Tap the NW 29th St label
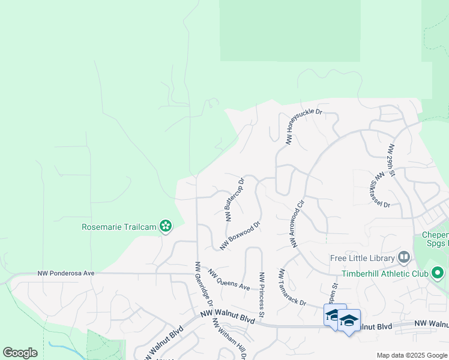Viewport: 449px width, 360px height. point(391,160)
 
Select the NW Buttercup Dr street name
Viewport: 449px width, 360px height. point(235,199)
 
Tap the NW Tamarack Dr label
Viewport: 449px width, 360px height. point(292,286)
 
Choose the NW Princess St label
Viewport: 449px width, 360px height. point(262,294)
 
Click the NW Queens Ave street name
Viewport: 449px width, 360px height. point(229,280)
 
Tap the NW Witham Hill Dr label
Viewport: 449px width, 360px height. point(229,337)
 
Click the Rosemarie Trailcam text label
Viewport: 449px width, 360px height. point(119,227)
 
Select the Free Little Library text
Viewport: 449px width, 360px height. point(363,259)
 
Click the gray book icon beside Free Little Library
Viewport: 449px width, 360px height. point(404,258)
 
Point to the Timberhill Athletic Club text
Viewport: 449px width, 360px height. point(384,274)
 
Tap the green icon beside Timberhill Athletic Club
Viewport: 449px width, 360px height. point(437,274)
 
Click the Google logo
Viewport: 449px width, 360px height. point(20,353)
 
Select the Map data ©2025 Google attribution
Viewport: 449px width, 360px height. point(411,355)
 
